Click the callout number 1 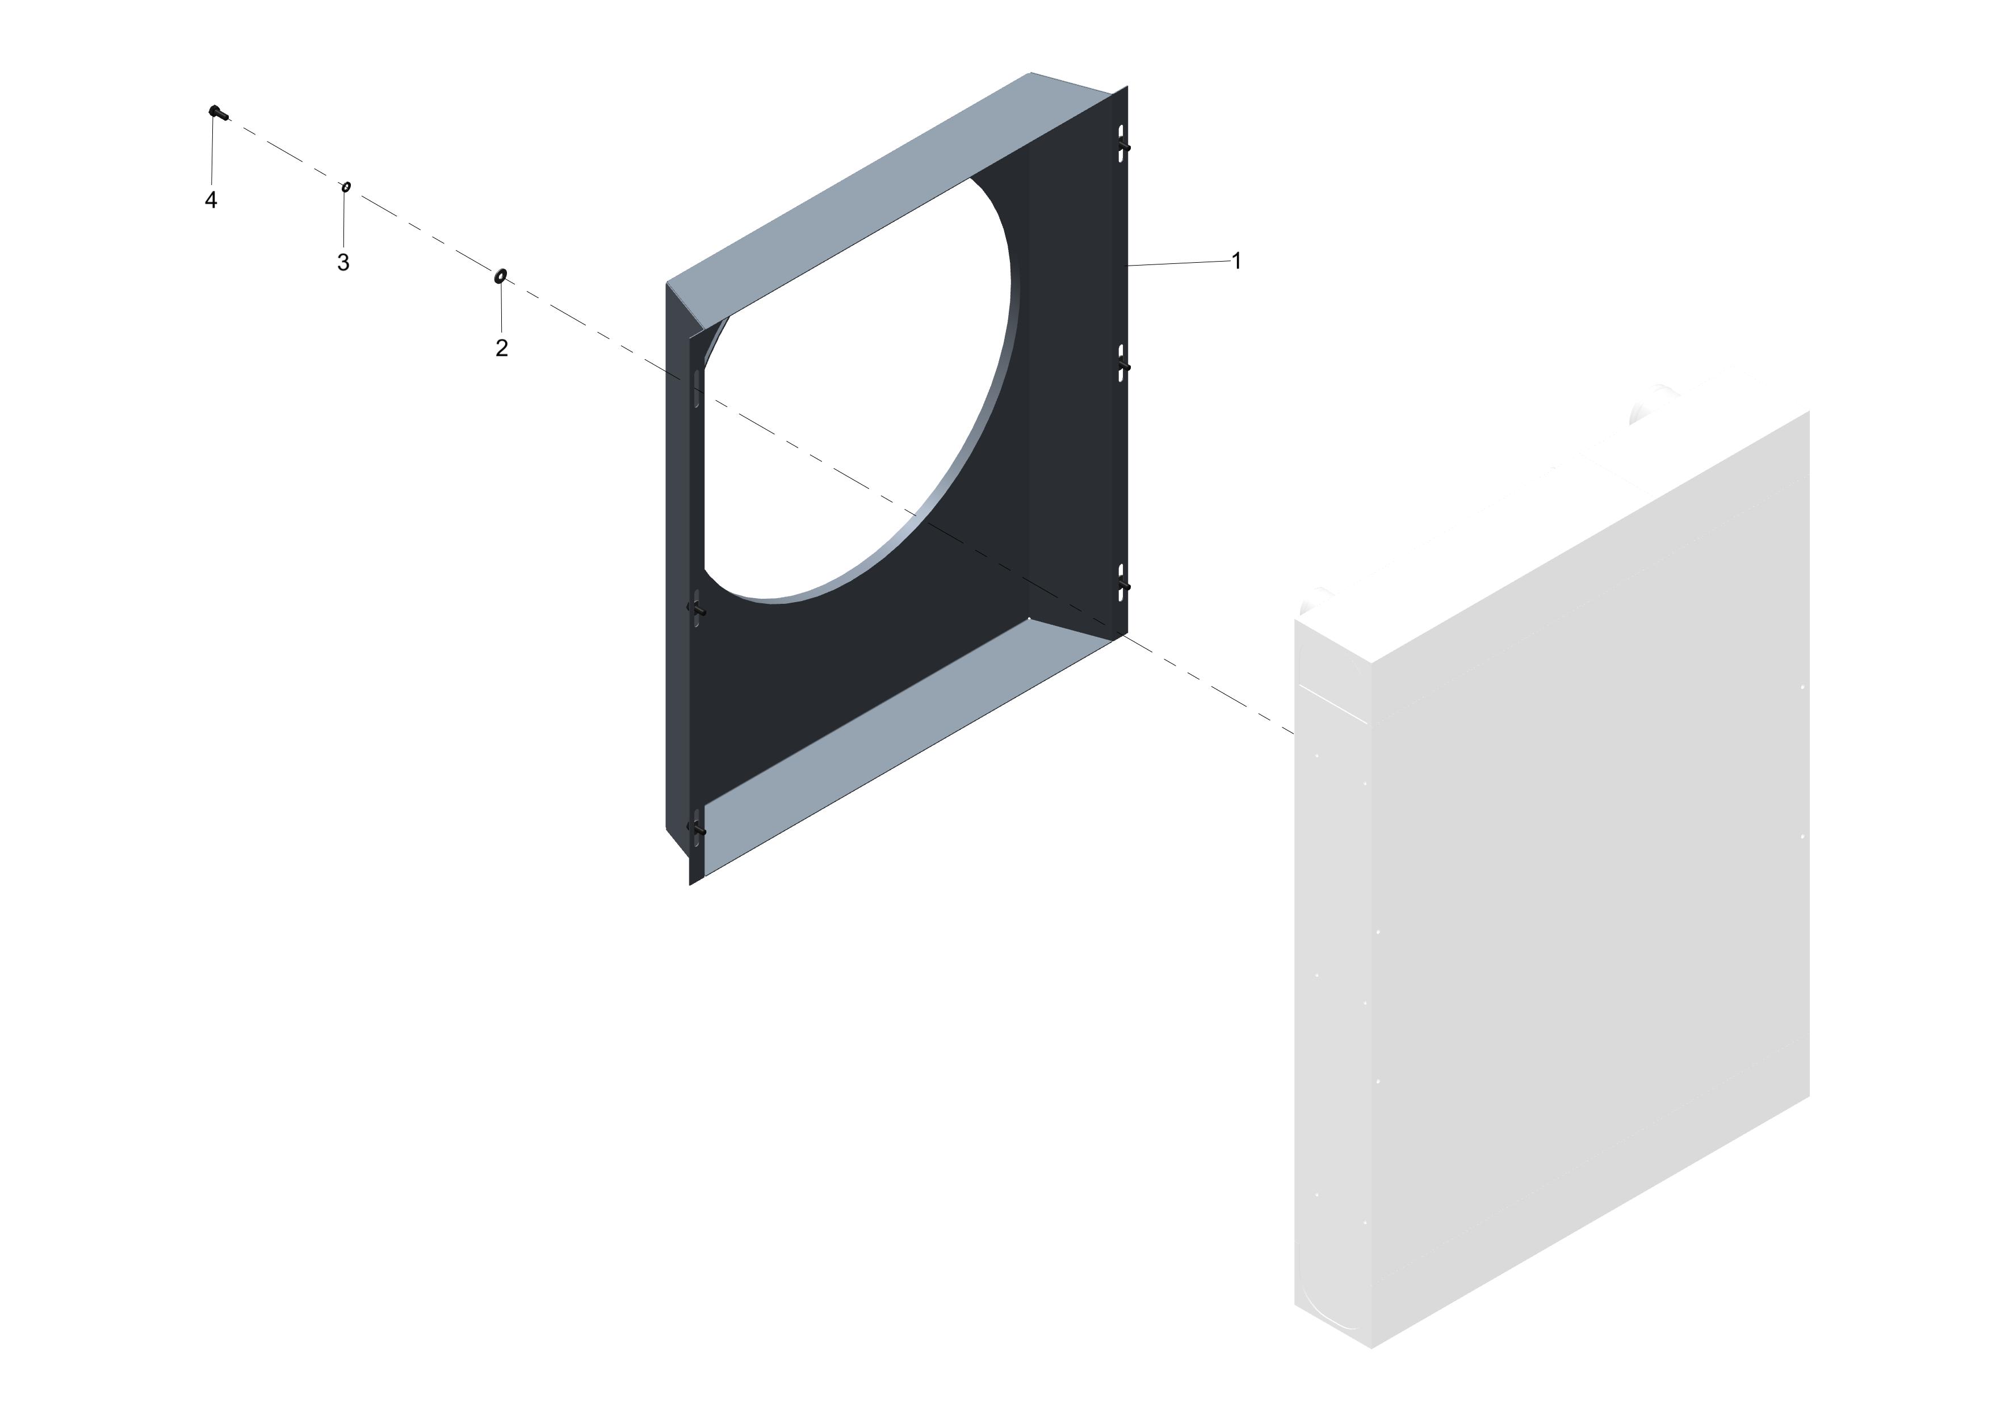click(1236, 260)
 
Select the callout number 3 click(343, 262)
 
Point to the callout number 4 click(211, 200)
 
